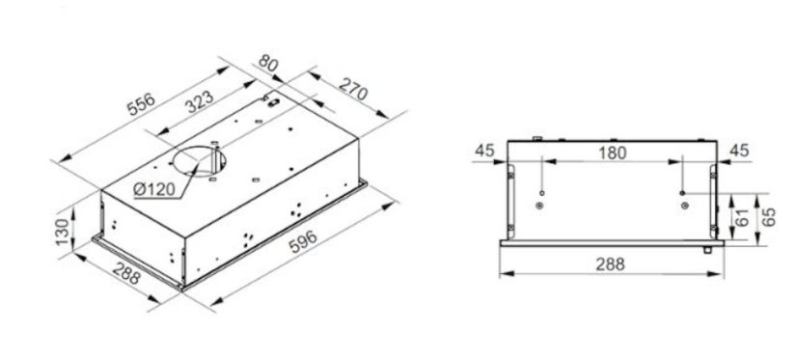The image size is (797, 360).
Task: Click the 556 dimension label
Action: [x=141, y=105]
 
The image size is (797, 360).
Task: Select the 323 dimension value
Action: [x=199, y=101]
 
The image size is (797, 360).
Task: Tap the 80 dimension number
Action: [x=269, y=62]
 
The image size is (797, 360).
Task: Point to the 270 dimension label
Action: [x=353, y=89]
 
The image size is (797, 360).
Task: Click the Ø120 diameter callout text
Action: [x=154, y=189]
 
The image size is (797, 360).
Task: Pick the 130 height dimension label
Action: [x=62, y=232]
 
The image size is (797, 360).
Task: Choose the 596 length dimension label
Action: [x=303, y=241]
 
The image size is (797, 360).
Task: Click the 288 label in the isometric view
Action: [x=126, y=274]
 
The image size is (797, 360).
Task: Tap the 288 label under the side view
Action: [x=610, y=263]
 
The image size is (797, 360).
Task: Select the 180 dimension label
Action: [x=612, y=152]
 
